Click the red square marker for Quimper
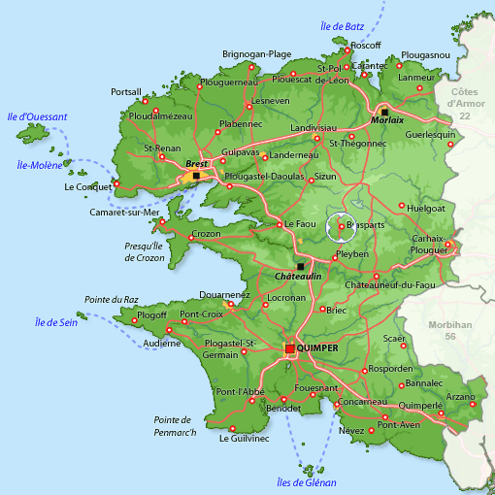click(290, 348)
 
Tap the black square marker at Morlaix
click(384, 112)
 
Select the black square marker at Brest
click(196, 176)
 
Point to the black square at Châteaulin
click(300, 266)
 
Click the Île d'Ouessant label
click(37, 117)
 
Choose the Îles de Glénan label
click(306, 482)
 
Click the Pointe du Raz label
click(109, 300)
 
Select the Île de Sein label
click(55, 322)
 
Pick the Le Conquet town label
click(86, 186)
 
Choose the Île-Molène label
click(40, 165)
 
